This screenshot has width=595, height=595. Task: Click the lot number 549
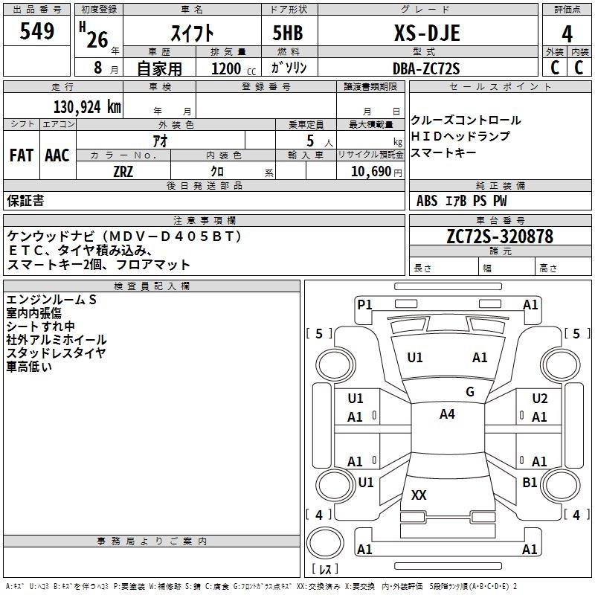pos(38,31)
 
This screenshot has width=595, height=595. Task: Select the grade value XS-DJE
pos(426,33)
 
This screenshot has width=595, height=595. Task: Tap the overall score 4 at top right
pos(567,33)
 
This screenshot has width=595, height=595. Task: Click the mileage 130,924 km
pos(87,106)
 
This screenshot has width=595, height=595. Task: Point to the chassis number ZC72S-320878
pos(500,237)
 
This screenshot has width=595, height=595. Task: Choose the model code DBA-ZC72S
pos(426,68)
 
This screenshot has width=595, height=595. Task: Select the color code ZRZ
pos(123,170)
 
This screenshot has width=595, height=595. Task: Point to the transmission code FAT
pos(21,155)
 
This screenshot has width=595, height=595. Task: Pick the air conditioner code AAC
pos(57,155)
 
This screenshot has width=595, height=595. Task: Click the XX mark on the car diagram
pos(419,495)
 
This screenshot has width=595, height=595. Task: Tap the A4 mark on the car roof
pos(447,414)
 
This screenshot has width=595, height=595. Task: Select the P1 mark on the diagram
pos(364,304)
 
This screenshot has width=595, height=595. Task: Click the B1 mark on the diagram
pos(530,482)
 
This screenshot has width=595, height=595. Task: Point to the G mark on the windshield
pos(469,391)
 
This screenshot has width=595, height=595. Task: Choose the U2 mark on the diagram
pos(540,399)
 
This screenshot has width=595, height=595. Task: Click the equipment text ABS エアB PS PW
pos(462,201)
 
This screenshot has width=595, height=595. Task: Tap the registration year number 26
pos(97,39)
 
